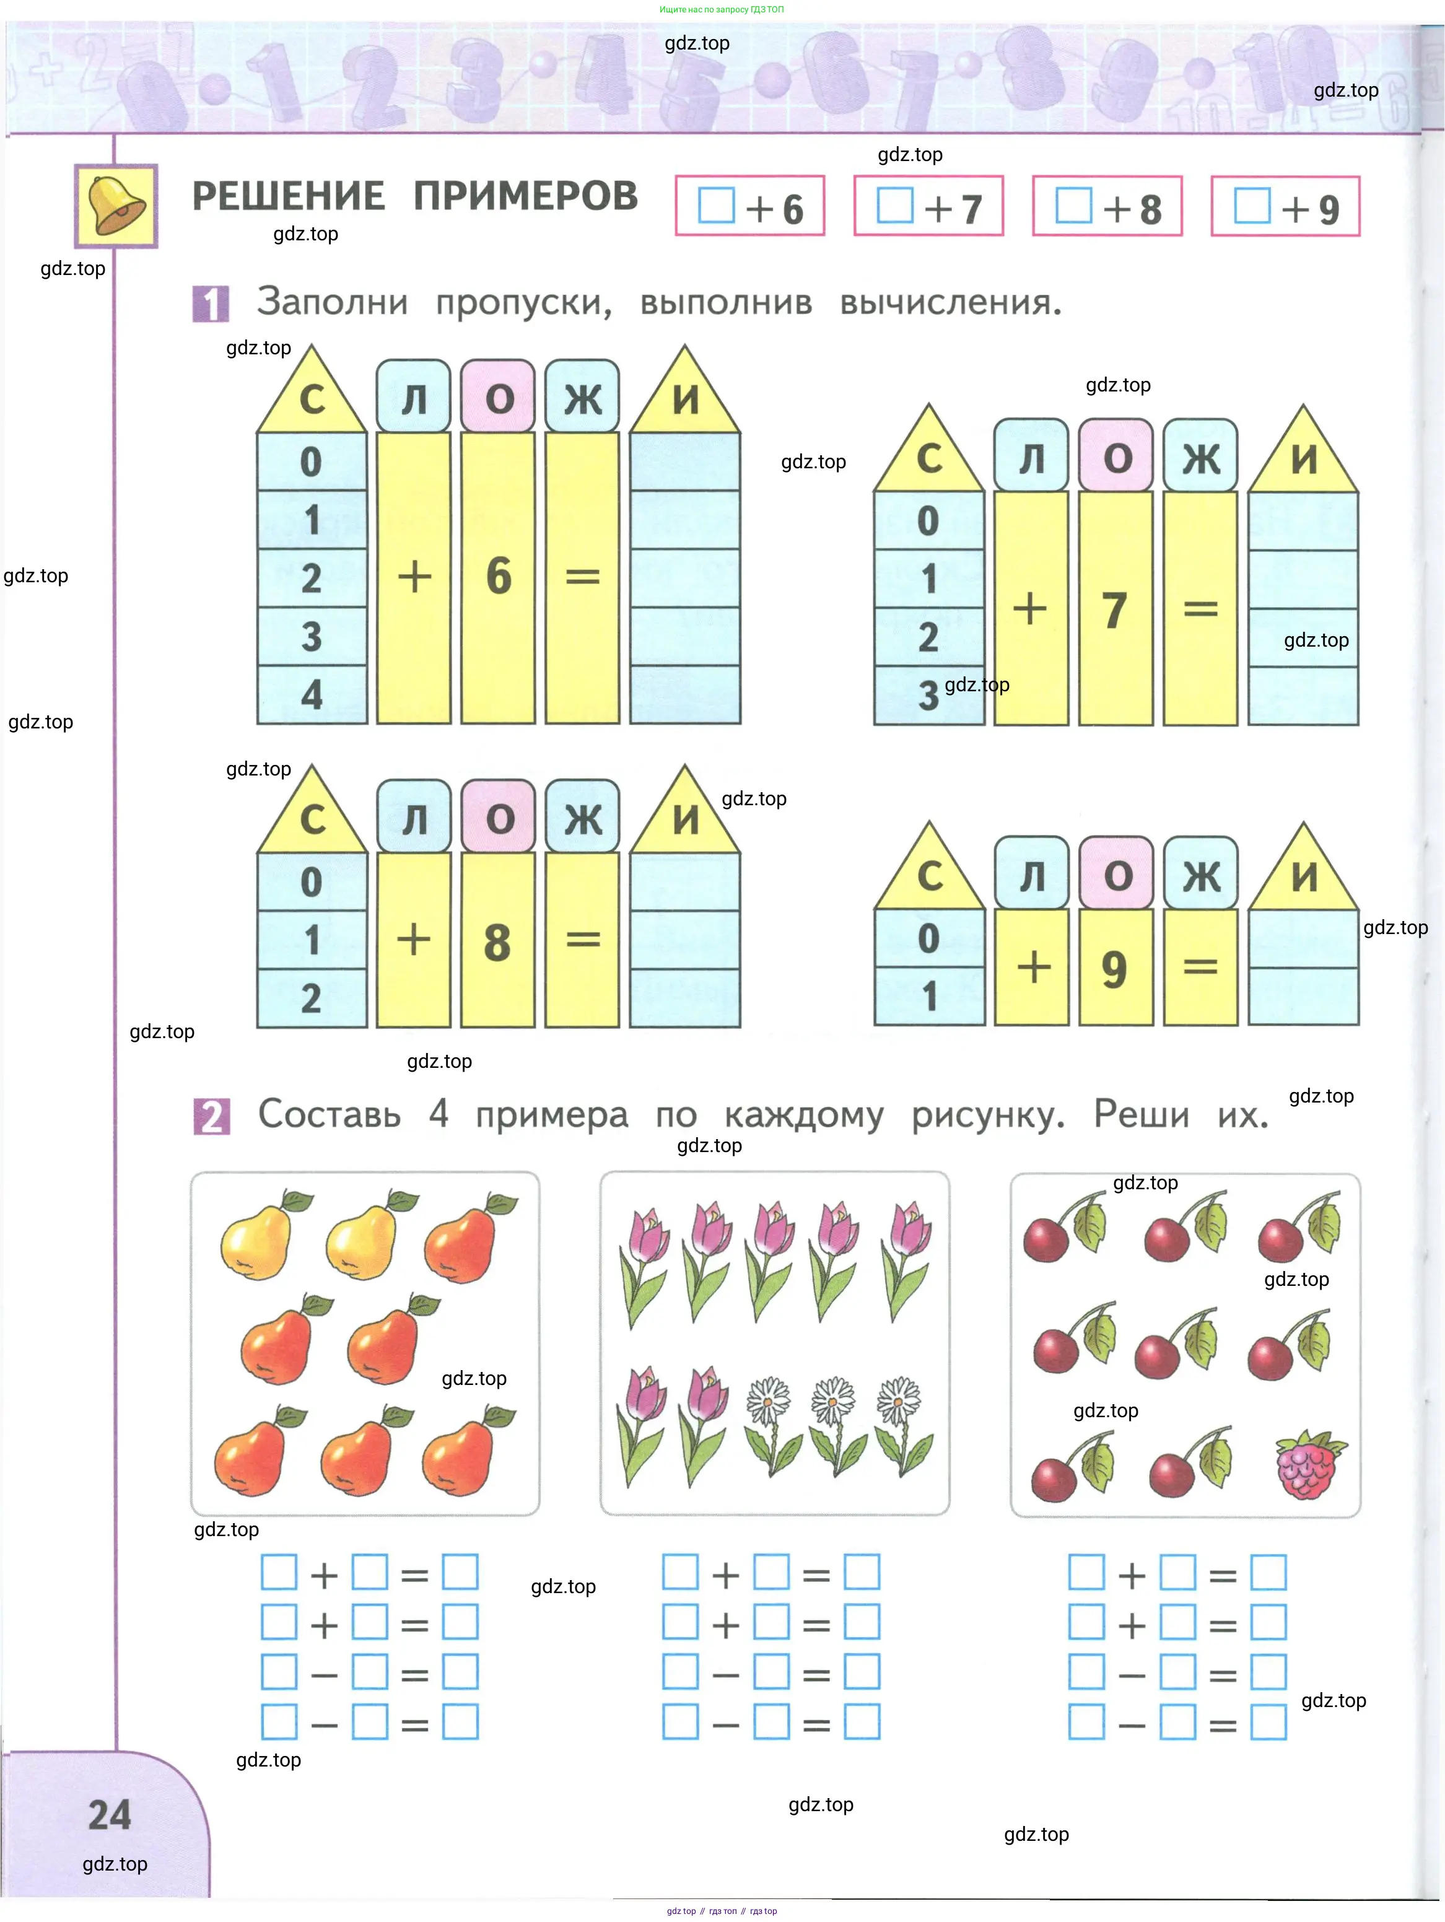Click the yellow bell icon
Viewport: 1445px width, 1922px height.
point(116,206)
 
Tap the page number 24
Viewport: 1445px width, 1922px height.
point(110,1815)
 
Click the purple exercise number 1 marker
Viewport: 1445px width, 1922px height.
point(210,304)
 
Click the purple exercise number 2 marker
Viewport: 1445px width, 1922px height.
point(211,1117)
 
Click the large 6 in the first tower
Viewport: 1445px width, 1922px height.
point(499,576)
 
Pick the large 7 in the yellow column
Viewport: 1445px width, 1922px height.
point(1115,610)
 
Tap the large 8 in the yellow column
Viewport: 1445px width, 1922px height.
point(497,943)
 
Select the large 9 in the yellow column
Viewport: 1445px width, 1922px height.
point(1114,969)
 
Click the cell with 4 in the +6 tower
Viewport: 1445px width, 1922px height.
point(312,695)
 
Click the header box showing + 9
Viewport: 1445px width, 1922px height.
point(1285,207)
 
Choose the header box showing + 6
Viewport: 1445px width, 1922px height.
point(750,207)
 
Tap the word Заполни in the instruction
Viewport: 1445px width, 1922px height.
point(332,302)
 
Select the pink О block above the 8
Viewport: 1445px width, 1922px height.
point(499,817)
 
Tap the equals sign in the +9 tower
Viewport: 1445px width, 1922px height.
point(1200,966)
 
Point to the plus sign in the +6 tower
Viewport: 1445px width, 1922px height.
point(414,576)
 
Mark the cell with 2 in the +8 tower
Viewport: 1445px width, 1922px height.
point(312,998)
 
